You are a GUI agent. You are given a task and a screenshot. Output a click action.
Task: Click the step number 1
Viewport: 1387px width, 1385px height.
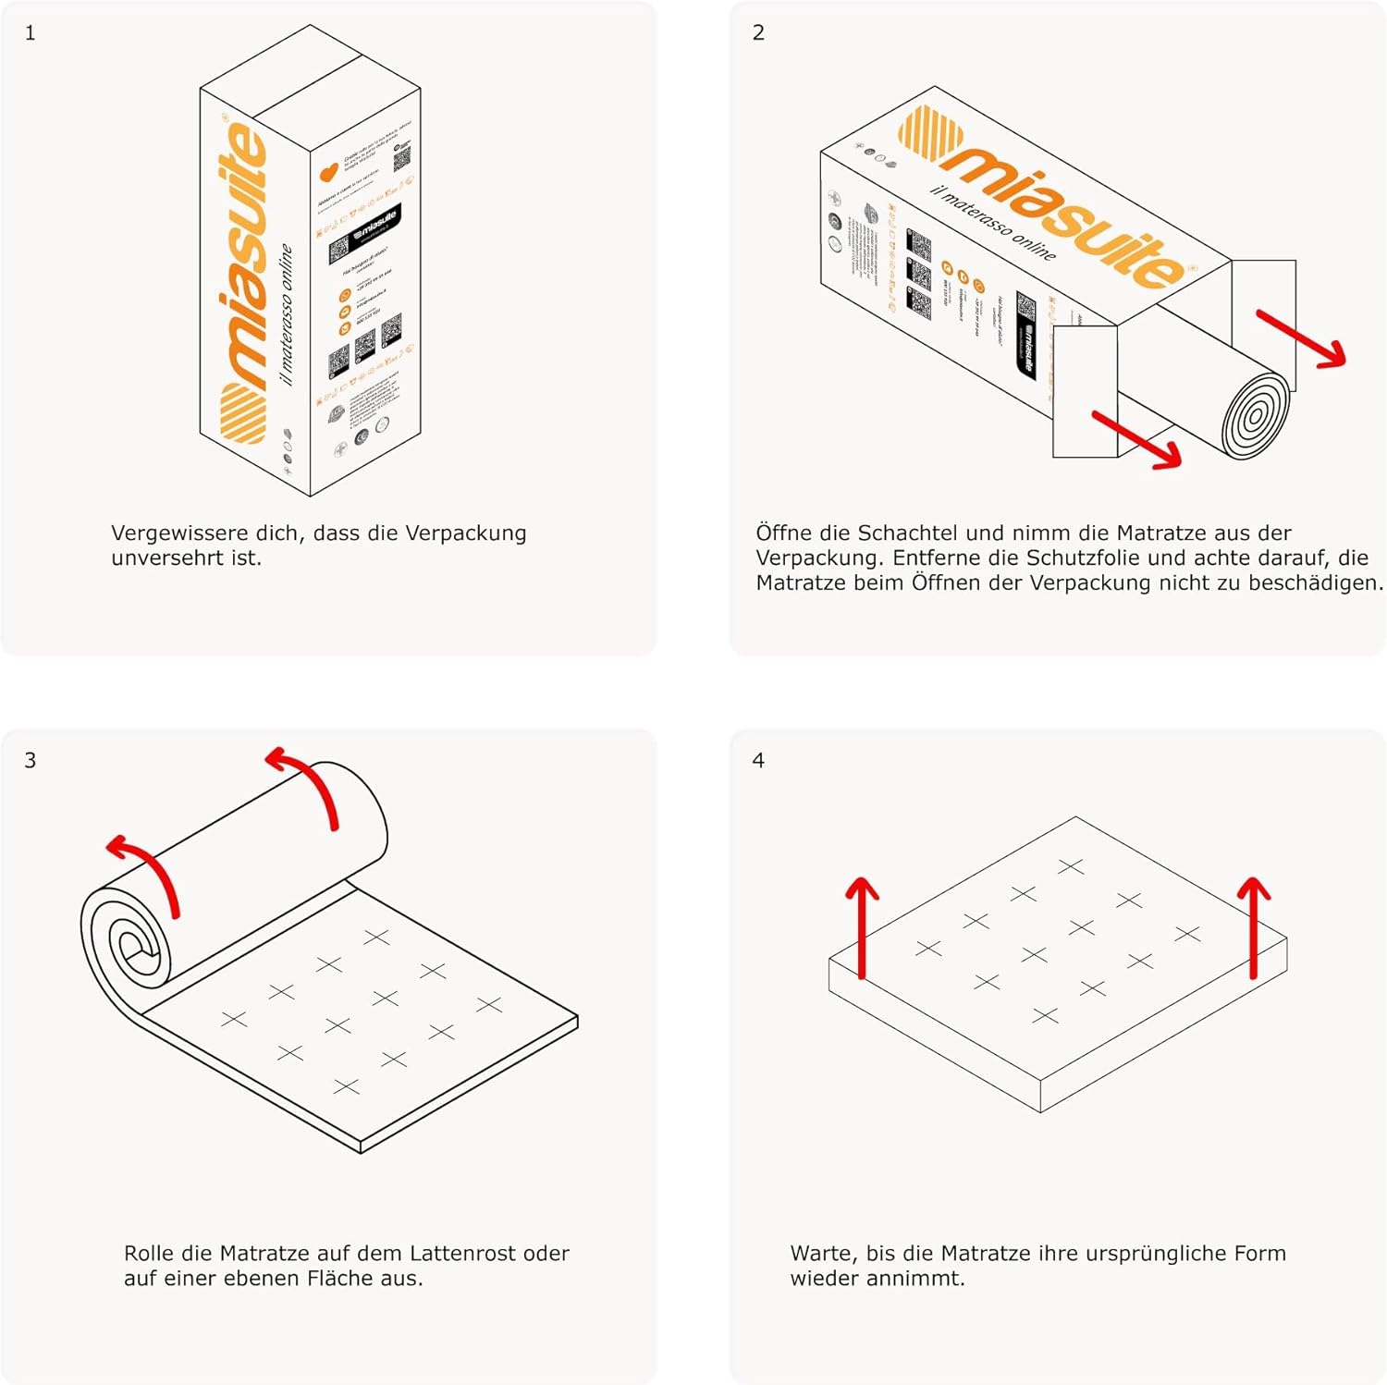31,33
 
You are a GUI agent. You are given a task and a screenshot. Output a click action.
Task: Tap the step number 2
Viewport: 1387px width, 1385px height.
758,33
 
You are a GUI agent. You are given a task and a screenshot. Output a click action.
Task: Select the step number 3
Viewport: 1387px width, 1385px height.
31,761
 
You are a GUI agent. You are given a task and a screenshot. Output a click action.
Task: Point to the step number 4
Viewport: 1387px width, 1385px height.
758,761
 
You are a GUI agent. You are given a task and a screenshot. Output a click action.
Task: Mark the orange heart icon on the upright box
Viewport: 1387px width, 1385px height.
328,173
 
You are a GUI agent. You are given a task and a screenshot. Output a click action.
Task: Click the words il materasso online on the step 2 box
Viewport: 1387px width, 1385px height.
993,223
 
